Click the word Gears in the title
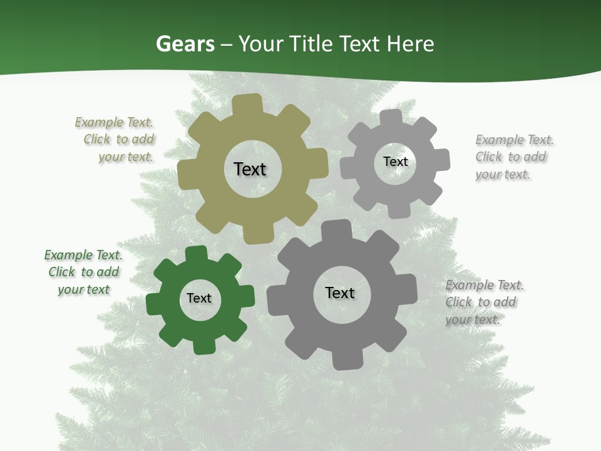[x=185, y=44]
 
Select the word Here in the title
[x=410, y=44]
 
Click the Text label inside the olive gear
[x=250, y=169]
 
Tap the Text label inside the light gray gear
[x=395, y=162]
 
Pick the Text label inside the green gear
[x=199, y=299]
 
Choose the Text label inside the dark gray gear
[x=340, y=293]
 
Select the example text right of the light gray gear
[x=514, y=157]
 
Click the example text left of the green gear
[x=83, y=272]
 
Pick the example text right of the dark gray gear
[x=484, y=302]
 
